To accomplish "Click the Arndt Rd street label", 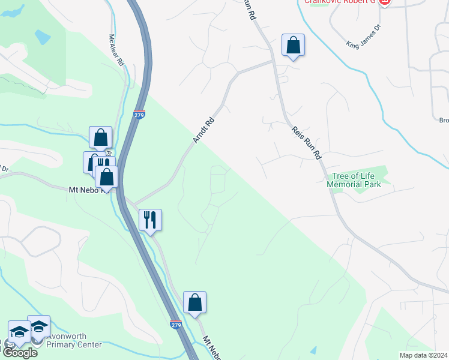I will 204,130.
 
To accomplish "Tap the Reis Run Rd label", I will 306,142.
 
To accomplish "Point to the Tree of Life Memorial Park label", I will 354,180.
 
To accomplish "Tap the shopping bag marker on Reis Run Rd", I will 293,45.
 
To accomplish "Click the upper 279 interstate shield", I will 139,113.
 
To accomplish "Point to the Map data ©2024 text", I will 423,355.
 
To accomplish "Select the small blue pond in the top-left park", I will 43,37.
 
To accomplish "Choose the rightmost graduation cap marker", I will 38,327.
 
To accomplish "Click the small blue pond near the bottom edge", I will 313,350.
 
